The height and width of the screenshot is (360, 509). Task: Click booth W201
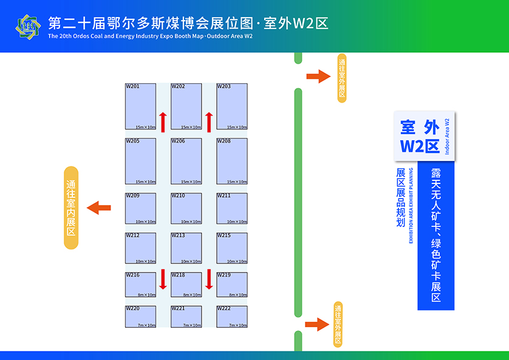pyautogui.click(x=140, y=106)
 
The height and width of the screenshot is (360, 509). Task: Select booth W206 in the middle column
pyautogui.click(x=186, y=161)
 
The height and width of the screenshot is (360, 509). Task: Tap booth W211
pyautogui.click(x=231, y=208)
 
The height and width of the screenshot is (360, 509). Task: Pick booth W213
pyautogui.click(x=186, y=248)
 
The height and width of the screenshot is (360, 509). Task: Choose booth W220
pyautogui.click(x=140, y=316)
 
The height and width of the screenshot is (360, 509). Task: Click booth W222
pyautogui.click(x=231, y=316)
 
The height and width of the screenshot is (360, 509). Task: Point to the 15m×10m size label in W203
pyautogui.click(x=237, y=127)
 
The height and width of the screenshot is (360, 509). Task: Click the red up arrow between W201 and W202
pyautogui.click(x=163, y=121)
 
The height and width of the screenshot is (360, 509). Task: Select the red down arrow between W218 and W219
pyautogui.click(x=208, y=279)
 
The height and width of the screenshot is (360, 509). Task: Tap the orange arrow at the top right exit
pyautogui.click(x=316, y=76)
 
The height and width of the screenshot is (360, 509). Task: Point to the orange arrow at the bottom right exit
pyautogui.click(x=316, y=324)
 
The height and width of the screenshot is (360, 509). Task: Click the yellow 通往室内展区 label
pyautogui.click(x=72, y=208)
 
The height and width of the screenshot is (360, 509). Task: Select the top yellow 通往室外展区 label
pyautogui.click(x=342, y=78)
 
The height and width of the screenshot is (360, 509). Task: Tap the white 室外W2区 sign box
pyautogui.click(x=424, y=136)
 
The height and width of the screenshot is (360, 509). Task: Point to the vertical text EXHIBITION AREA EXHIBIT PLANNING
pyautogui.click(x=411, y=205)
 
